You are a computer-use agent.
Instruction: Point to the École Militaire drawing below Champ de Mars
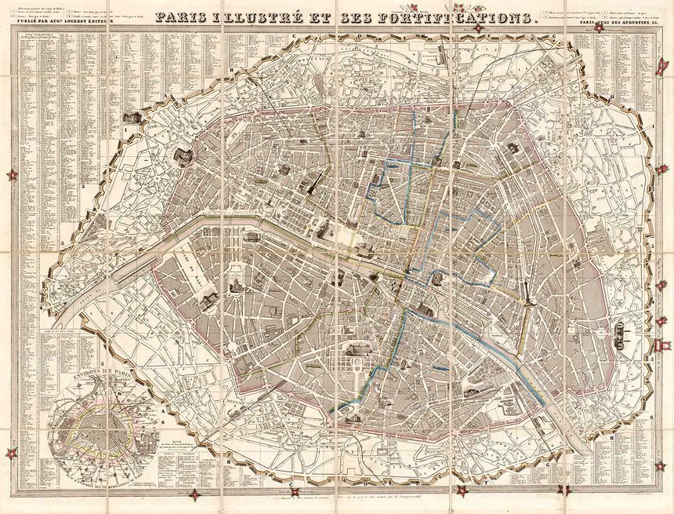click(x=208, y=296)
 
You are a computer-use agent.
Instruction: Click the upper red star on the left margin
click(x=12, y=175)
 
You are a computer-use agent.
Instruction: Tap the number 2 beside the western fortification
click(x=94, y=186)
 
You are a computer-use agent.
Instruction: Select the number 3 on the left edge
click(x=61, y=244)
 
